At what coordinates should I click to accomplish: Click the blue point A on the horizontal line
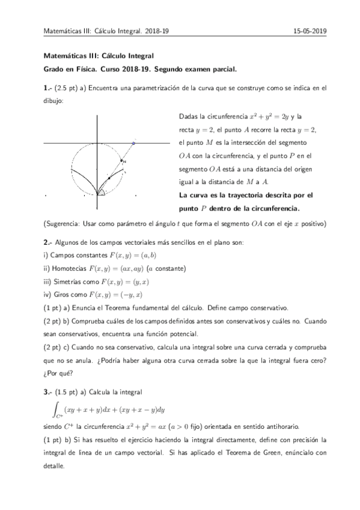point(133,143)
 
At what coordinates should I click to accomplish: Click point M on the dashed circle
point(121,161)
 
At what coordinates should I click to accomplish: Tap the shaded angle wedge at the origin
point(102,192)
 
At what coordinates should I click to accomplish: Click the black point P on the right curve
point(109,177)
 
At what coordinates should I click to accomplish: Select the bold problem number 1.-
point(48,88)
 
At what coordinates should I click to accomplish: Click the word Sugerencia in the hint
point(63,224)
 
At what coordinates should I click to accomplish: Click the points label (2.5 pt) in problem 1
point(70,88)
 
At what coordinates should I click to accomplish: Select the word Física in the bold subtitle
point(86,69)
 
